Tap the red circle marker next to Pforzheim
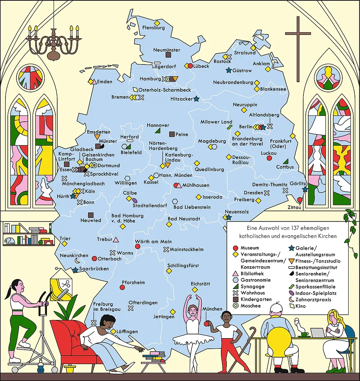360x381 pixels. pos(123,287)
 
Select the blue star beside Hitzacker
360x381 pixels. pos(196,99)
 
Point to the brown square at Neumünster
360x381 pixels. pos(168,55)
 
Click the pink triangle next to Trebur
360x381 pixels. pos(116,240)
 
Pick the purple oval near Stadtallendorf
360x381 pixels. pos(135,201)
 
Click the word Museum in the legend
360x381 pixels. pos(250,248)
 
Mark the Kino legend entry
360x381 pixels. pos(300,306)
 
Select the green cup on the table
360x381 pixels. pos(304,334)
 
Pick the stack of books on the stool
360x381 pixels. pos(154,356)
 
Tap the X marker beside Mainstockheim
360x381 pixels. pos(166,249)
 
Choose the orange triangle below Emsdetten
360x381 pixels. pos(97,137)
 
